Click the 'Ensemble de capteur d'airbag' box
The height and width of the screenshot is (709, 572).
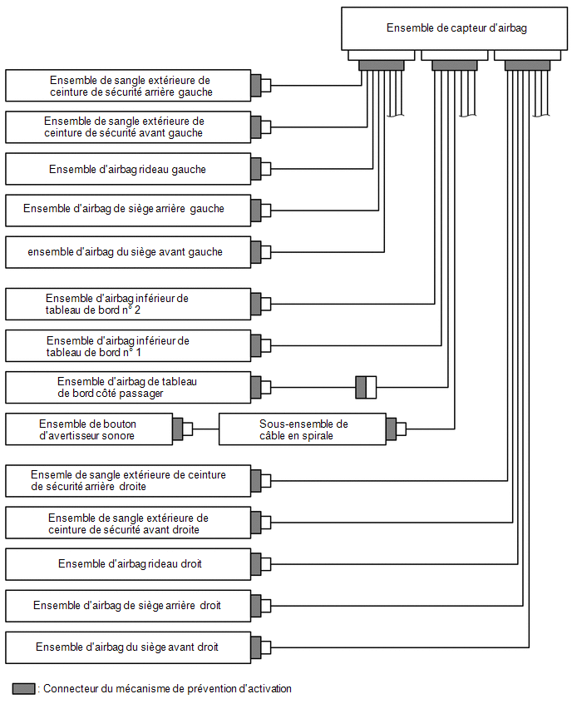[454, 28]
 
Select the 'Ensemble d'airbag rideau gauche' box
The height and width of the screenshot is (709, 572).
[128, 169]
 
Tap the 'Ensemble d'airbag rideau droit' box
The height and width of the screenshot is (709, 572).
[128, 564]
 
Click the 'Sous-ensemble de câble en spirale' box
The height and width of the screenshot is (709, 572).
[303, 429]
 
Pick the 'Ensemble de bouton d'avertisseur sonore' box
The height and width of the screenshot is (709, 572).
[89, 429]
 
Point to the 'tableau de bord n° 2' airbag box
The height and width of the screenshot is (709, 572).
[128, 304]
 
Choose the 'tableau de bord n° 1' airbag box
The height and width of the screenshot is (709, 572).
[128, 346]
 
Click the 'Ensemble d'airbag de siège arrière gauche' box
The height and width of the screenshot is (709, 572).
[128, 211]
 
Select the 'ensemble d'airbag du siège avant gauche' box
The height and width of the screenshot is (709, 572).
[128, 252]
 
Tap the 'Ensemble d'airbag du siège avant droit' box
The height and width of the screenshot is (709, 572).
[128, 647]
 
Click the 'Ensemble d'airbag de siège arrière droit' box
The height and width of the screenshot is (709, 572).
[128, 606]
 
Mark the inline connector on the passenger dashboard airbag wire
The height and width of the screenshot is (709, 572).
[366, 387]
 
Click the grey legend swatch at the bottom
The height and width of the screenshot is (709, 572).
[23, 689]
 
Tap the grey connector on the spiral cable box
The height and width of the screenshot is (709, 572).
[392, 429]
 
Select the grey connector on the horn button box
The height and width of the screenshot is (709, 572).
[178, 429]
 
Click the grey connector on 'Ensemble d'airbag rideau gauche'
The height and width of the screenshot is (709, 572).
[256, 169]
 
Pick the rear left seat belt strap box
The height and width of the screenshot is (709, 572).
[128, 86]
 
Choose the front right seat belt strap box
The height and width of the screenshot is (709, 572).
[128, 523]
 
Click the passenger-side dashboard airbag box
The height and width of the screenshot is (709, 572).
[128, 388]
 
